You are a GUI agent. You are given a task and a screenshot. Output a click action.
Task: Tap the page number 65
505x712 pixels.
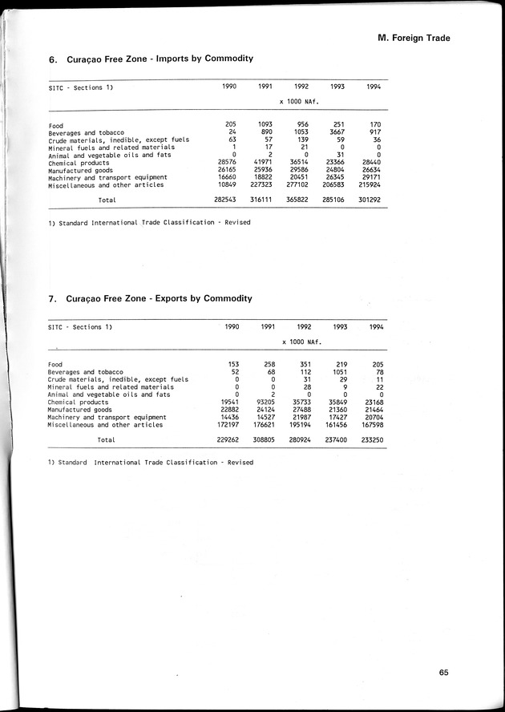point(444,673)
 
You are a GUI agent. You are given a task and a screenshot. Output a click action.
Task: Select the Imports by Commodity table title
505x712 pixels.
point(151,59)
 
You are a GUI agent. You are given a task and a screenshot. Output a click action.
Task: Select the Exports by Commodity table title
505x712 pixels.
point(151,298)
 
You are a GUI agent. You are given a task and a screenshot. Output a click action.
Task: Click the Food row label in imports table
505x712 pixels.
point(56,125)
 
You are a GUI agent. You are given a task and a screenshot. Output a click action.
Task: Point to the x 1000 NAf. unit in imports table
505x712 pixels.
point(300,103)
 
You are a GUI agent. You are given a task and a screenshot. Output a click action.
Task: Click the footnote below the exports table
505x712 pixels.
point(150,463)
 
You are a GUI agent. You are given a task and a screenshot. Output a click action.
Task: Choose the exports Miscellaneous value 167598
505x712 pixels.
point(369,425)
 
